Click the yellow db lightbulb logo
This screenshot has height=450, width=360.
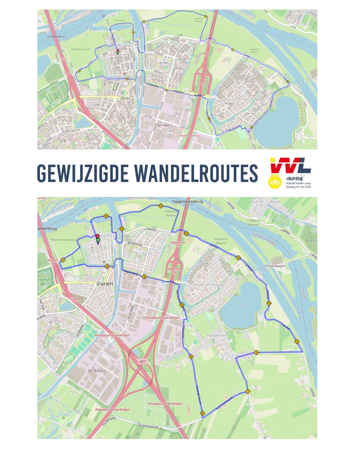click(x=275, y=181)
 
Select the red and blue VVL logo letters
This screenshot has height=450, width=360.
click(x=290, y=166)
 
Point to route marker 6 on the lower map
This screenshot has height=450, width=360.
click(x=202, y=414)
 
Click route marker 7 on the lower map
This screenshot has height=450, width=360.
click(x=248, y=392)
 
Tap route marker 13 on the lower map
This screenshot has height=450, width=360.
click(x=161, y=206)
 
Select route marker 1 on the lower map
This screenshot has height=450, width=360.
click(x=63, y=260)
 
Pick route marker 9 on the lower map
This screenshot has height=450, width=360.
click(x=297, y=341)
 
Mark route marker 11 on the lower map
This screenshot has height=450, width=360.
click(x=238, y=258)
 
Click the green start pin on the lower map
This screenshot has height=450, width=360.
click(x=98, y=240)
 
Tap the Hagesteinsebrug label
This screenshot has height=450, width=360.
click(x=187, y=202)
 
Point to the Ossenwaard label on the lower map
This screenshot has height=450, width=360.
click(x=275, y=266)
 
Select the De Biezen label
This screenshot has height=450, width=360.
click(x=97, y=371)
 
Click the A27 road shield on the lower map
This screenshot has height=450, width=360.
click(x=143, y=361)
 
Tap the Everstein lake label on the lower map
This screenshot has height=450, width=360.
click(x=243, y=305)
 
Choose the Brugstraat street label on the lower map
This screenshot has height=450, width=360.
click(x=135, y=244)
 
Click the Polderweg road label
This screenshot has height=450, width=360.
click(x=109, y=421)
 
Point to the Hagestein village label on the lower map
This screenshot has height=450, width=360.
click(x=217, y=335)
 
